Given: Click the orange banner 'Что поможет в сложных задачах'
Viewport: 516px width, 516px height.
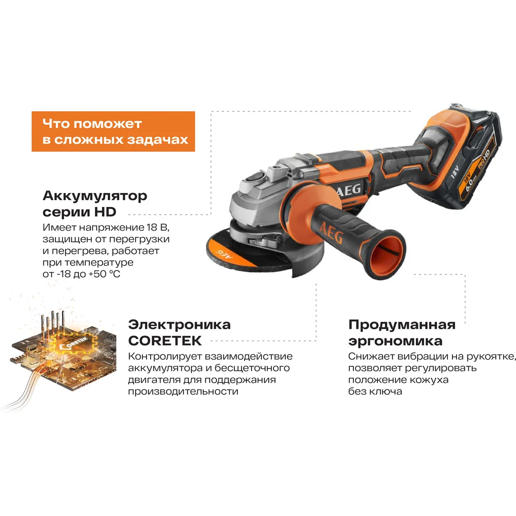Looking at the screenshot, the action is tap(113, 131).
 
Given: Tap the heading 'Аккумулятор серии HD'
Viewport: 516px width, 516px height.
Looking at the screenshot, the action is tap(95, 204).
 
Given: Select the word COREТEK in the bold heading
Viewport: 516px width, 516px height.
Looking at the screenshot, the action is tap(165, 341).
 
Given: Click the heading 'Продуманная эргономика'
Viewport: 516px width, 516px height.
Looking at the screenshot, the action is tap(402, 333).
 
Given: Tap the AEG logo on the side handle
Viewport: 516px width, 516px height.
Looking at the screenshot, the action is tap(331, 233).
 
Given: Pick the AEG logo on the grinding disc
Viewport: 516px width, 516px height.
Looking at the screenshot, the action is tap(224, 254).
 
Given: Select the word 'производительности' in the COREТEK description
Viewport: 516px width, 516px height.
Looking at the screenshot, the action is tap(183, 392).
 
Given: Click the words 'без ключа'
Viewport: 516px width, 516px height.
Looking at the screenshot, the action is tap(375, 392).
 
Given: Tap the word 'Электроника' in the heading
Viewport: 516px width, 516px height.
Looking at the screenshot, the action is tap(180, 325).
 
